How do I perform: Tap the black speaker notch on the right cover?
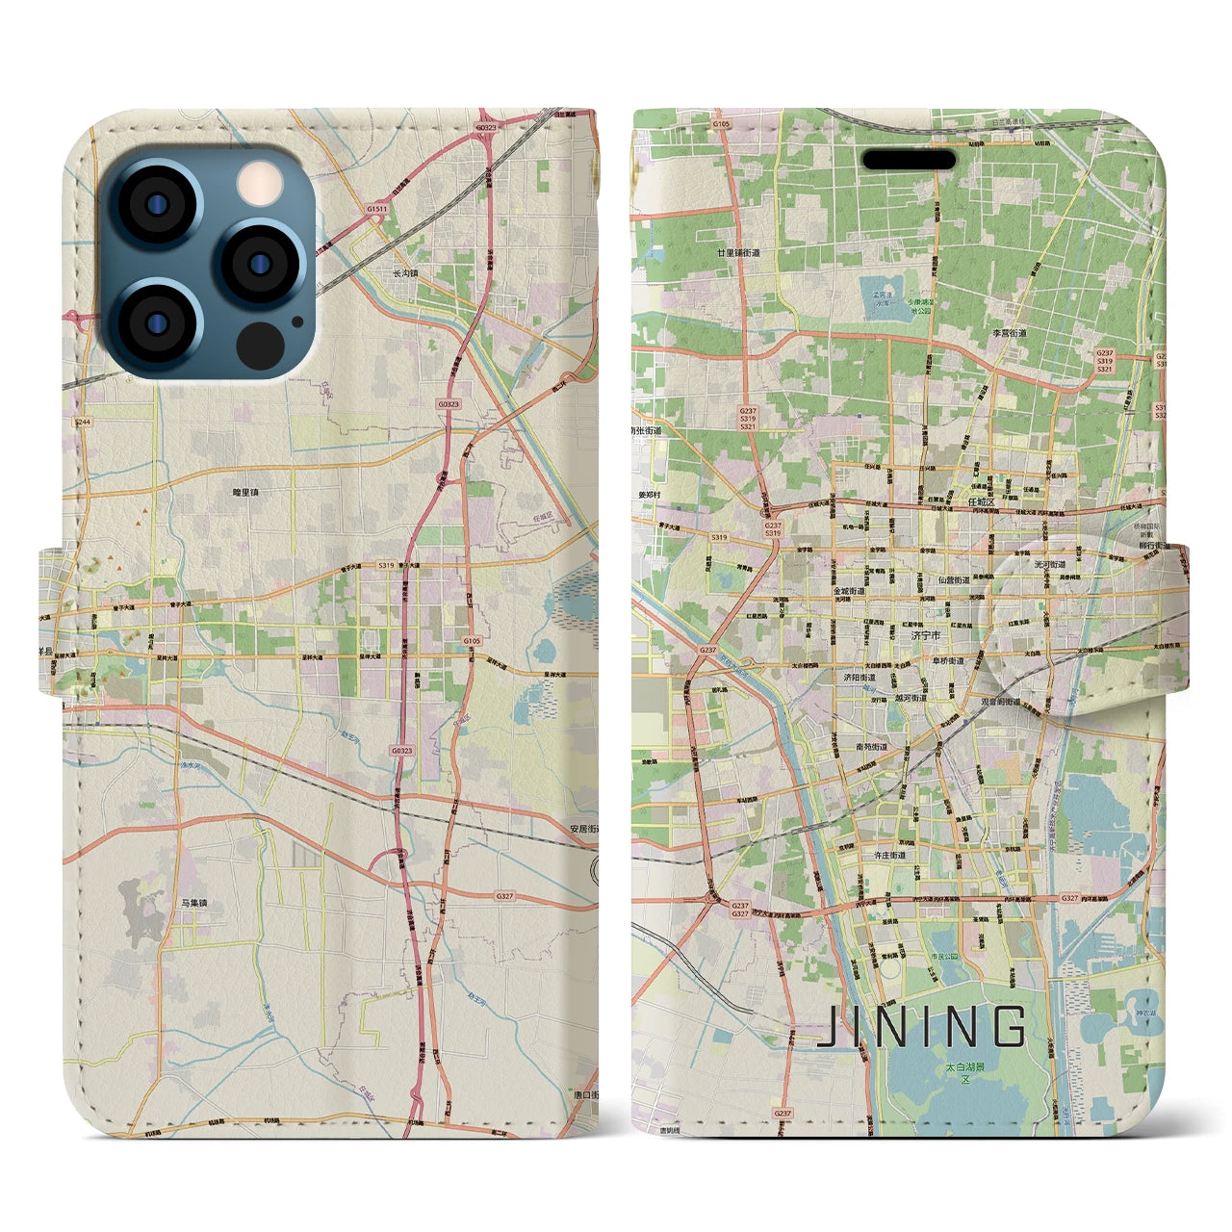click(908, 159)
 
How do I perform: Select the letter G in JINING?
click(1009, 1027)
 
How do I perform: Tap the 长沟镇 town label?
click(405, 273)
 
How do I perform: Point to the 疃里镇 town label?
click(245, 492)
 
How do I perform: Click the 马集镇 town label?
click(193, 903)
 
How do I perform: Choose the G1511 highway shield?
click(376, 209)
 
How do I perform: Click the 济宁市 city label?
click(925, 635)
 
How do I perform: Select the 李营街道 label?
click(1010, 333)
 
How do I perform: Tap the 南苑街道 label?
click(873, 746)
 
